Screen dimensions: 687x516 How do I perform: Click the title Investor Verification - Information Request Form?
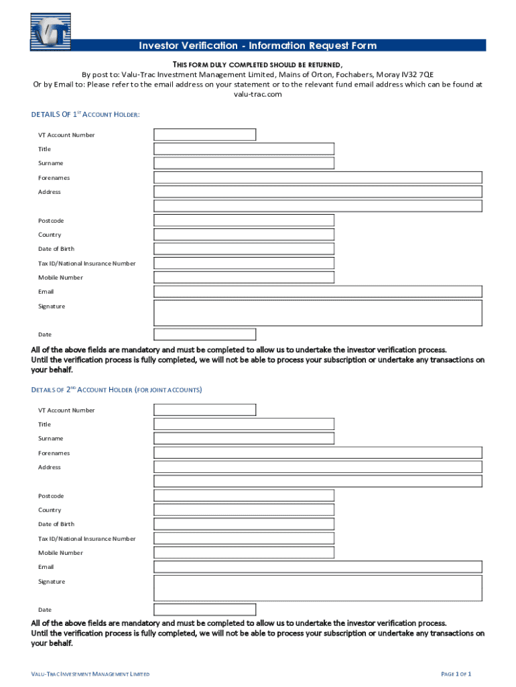click(x=257, y=46)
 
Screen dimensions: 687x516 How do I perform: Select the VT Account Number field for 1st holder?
click(x=204, y=135)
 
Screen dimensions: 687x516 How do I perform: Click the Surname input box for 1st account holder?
click(x=244, y=163)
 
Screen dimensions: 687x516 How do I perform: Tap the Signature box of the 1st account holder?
click(x=318, y=313)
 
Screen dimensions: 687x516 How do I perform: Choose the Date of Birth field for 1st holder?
click(x=244, y=249)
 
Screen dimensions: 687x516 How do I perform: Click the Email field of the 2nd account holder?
click(x=318, y=567)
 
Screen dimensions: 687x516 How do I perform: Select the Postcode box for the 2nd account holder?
click(x=244, y=496)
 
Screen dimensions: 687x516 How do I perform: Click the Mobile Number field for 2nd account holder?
click(x=244, y=553)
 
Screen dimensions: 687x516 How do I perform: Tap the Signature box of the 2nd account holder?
click(x=318, y=588)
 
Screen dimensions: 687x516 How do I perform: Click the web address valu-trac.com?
click(x=257, y=95)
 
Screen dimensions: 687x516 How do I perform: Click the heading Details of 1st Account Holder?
click(x=86, y=115)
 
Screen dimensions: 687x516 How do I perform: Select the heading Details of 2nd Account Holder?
click(x=117, y=390)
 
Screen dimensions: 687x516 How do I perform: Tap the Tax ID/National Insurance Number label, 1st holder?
click(x=86, y=264)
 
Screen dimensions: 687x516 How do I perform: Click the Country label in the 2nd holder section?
click(x=50, y=510)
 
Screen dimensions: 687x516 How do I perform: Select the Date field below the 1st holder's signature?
click(x=204, y=334)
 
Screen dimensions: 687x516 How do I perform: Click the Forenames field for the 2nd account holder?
click(x=318, y=453)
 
